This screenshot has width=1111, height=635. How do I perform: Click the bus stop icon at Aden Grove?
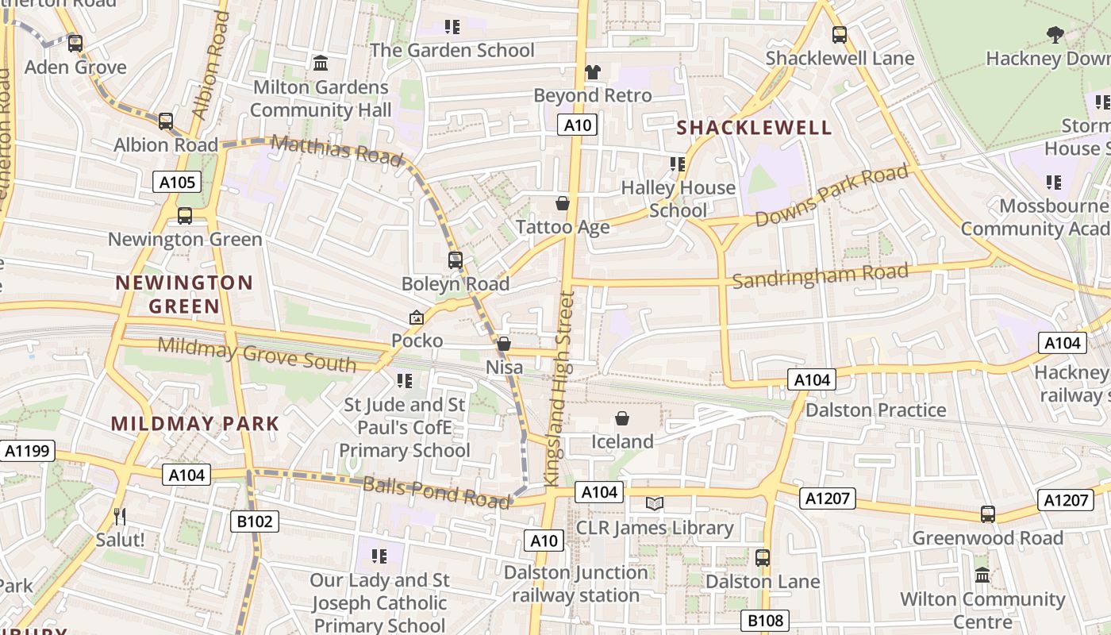point(75,43)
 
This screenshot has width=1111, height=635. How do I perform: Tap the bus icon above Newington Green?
point(185,215)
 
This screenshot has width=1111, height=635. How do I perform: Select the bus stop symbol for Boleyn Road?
point(456,260)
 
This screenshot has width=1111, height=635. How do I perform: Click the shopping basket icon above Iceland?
point(622,418)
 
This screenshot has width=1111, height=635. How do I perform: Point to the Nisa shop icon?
point(504,344)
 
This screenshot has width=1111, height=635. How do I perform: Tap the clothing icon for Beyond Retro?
point(592,71)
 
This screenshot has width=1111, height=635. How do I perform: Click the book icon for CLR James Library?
point(655,503)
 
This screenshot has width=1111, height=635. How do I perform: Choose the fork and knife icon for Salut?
point(120,517)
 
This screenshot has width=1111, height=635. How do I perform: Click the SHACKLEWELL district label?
point(754,128)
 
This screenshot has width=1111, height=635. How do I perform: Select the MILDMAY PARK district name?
point(195,424)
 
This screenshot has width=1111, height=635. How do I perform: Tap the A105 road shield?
point(176,183)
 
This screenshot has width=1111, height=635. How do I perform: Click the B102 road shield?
point(255,521)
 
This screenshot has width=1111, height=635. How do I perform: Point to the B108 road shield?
point(765,621)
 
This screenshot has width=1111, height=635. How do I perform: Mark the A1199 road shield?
point(28,452)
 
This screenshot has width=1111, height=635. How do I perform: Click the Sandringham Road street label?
point(820,276)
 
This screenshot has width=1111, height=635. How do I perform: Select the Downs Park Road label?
point(831,195)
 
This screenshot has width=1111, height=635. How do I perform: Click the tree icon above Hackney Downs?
point(1055,34)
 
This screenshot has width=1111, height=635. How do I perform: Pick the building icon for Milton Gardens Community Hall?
point(321,63)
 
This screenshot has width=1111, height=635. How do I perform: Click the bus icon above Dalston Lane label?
point(763,557)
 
